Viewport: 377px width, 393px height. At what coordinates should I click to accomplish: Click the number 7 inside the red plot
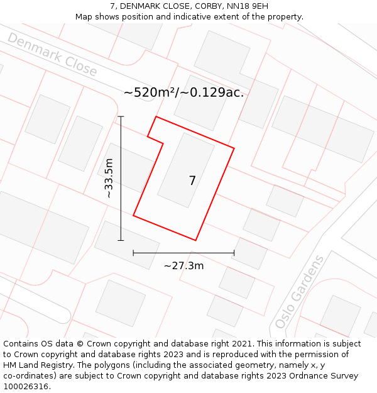click(x=192, y=181)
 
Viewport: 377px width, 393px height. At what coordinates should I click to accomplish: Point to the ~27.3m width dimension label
click(x=183, y=266)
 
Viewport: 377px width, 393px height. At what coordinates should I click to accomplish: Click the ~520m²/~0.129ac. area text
click(x=183, y=92)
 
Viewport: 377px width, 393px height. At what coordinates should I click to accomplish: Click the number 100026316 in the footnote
click(x=25, y=387)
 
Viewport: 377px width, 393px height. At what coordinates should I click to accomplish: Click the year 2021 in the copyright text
click(x=242, y=344)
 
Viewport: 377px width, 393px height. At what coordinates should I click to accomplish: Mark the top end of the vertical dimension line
click(x=121, y=116)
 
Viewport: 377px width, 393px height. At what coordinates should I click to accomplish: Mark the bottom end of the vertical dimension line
click(x=121, y=240)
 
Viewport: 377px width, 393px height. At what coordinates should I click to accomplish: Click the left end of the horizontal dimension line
click(x=133, y=253)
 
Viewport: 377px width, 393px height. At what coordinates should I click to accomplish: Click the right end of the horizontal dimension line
click(x=234, y=253)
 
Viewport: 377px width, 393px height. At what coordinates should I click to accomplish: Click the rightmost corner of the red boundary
click(x=234, y=148)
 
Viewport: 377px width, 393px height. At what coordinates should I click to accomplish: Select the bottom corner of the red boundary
click(x=196, y=240)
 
